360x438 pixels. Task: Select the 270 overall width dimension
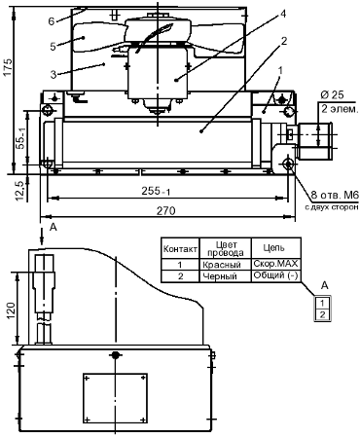click(166, 211)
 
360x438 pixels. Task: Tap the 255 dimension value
click(156, 192)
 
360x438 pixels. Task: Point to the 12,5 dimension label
click(19, 190)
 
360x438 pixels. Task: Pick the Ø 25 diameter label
click(332, 94)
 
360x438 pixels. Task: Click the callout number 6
click(52, 21)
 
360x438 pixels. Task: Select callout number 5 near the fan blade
click(54, 46)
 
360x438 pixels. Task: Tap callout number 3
click(54, 74)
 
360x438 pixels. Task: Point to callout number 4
click(283, 14)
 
